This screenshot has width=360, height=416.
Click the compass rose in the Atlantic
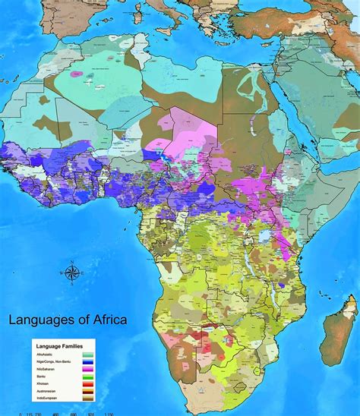click(72, 272)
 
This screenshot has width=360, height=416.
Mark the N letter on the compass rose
click(72, 262)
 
